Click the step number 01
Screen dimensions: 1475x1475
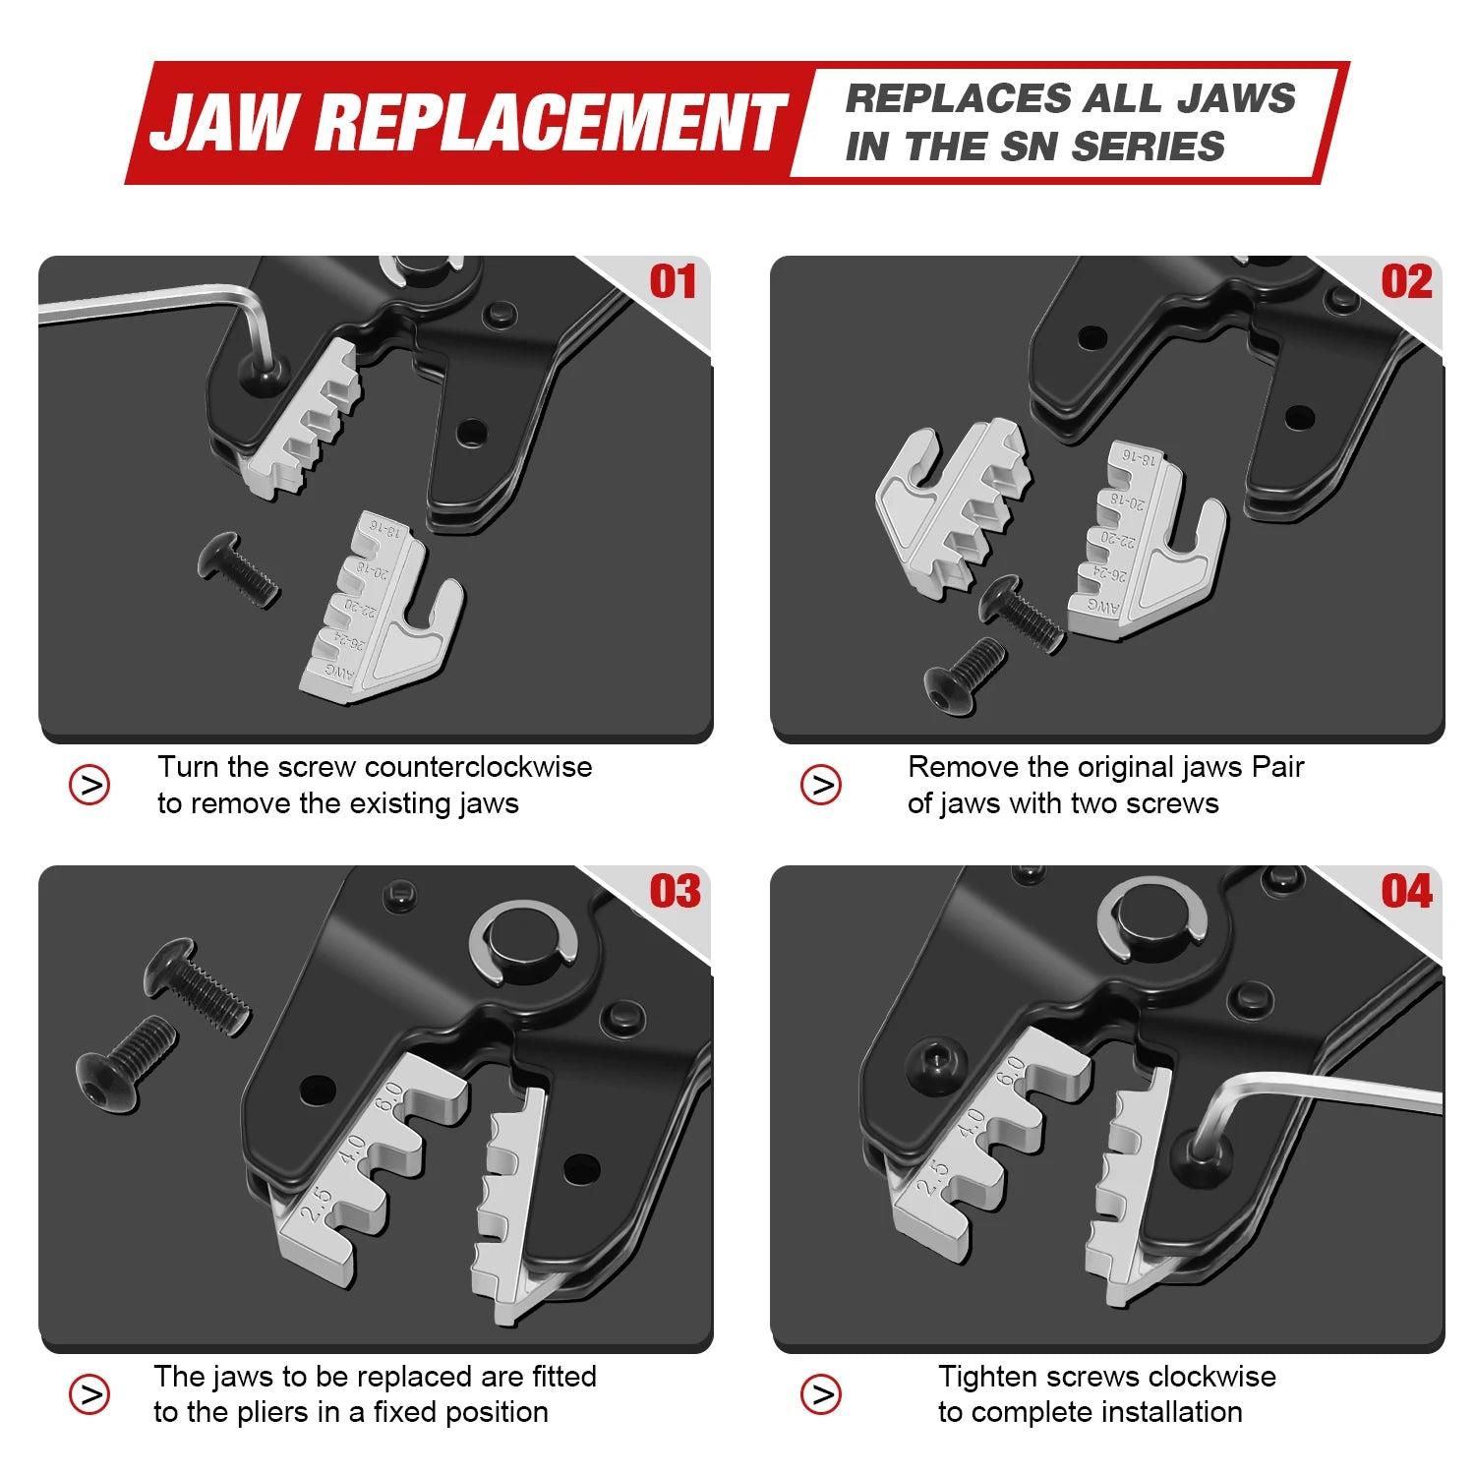coord(674,282)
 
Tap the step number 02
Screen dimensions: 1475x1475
coord(1406,282)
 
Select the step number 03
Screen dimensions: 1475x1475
coord(675,892)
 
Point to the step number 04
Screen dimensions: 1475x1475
coord(1406,892)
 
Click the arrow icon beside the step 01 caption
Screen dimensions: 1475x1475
coord(89,785)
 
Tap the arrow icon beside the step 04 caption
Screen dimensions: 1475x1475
coord(821,1394)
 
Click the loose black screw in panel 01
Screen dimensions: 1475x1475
coord(237,569)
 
